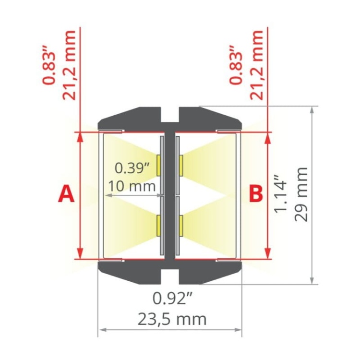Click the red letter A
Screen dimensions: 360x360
click(66, 194)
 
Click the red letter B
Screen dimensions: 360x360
click(256, 194)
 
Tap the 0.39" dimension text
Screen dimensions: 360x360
click(133, 168)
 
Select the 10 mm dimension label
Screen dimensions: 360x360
click(132, 186)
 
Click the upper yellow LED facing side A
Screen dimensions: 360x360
click(158, 164)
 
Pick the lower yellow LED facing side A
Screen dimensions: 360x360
click(158, 226)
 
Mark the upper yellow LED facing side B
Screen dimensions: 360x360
click(181, 164)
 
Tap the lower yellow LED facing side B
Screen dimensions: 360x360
click(181, 226)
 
